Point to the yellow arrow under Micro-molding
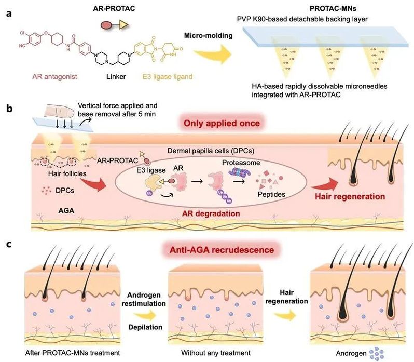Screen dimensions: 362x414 pos(210,52)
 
